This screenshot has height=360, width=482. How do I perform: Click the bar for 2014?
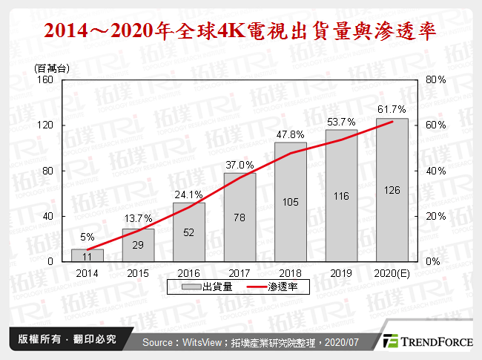point(88,255)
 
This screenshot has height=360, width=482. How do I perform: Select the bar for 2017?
point(240,217)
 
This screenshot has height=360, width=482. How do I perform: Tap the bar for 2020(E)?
point(392,190)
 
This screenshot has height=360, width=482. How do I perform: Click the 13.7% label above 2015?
point(139,219)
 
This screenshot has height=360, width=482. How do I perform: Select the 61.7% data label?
point(392,109)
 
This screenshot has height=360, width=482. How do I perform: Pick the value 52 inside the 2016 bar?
point(189,233)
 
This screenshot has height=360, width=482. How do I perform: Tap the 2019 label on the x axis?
point(340,273)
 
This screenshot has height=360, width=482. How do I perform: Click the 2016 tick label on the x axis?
point(189,273)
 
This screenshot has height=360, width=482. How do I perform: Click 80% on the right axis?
point(436,79)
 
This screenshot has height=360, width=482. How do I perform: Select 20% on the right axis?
point(436,216)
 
